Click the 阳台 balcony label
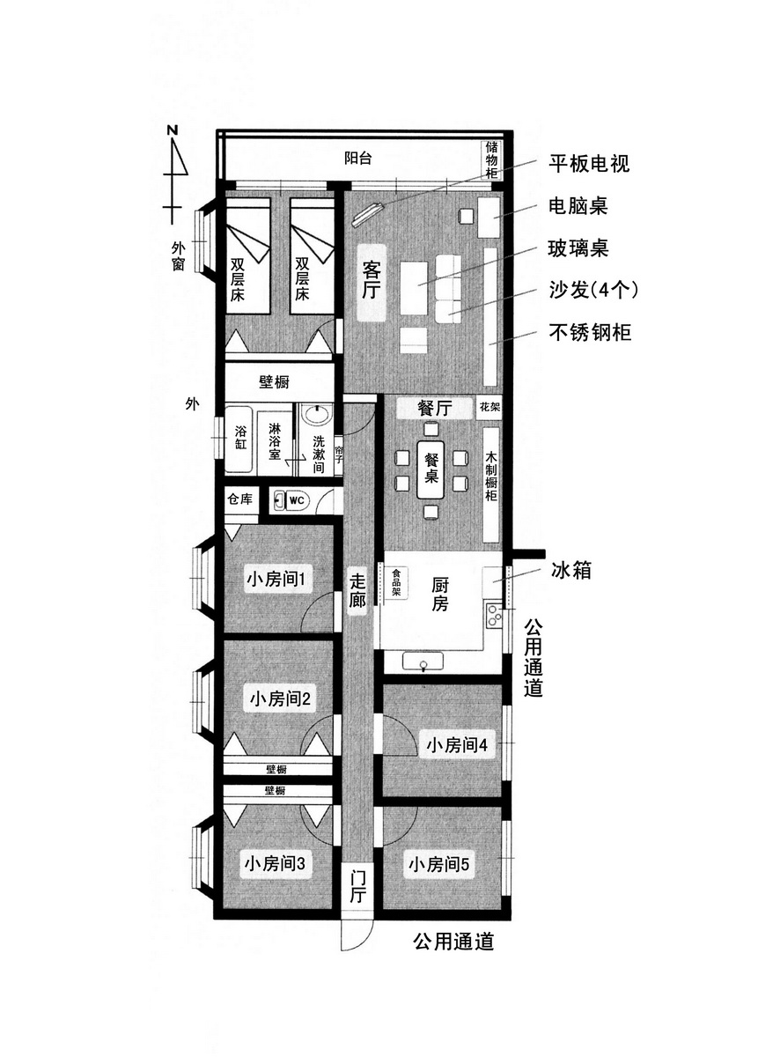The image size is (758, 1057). click(357, 159)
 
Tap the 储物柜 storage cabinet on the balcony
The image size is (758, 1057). click(491, 160)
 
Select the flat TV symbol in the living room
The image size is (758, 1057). click(368, 213)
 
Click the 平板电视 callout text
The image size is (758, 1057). click(589, 164)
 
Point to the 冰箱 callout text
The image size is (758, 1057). click(571, 571)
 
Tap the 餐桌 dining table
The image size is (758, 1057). click(431, 469)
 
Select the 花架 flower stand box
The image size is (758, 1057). click(489, 406)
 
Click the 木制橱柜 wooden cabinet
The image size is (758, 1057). click(491, 484)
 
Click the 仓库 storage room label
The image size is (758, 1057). click(239, 499)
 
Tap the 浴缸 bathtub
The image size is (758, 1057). click(240, 439)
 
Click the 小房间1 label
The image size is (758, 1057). click(276, 579)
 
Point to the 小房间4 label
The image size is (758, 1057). click(457, 745)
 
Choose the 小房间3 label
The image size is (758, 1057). click(275, 864)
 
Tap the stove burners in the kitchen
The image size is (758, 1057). click(494, 615)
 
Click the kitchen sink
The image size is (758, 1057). click(423, 662)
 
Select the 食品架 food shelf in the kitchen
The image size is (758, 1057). click(396, 583)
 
